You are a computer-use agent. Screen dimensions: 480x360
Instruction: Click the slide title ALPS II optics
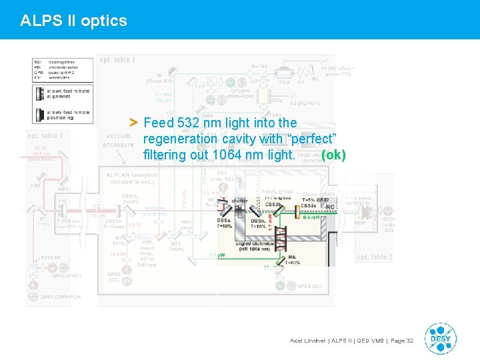(x=73, y=21)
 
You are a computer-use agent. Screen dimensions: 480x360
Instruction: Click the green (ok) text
(x=333, y=155)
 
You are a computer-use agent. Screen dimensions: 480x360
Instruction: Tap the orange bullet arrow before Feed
(x=133, y=123)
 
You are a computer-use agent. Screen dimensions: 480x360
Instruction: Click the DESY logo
(x=440, y=339)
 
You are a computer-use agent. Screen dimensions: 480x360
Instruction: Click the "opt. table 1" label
(x=46, y=136)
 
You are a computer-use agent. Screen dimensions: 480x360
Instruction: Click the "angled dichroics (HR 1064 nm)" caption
(x=254, y=247)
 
